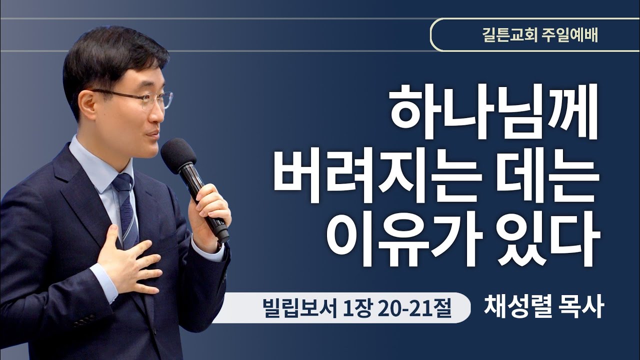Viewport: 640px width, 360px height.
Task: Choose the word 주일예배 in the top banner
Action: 569,35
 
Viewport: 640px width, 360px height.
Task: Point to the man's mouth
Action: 153,134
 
